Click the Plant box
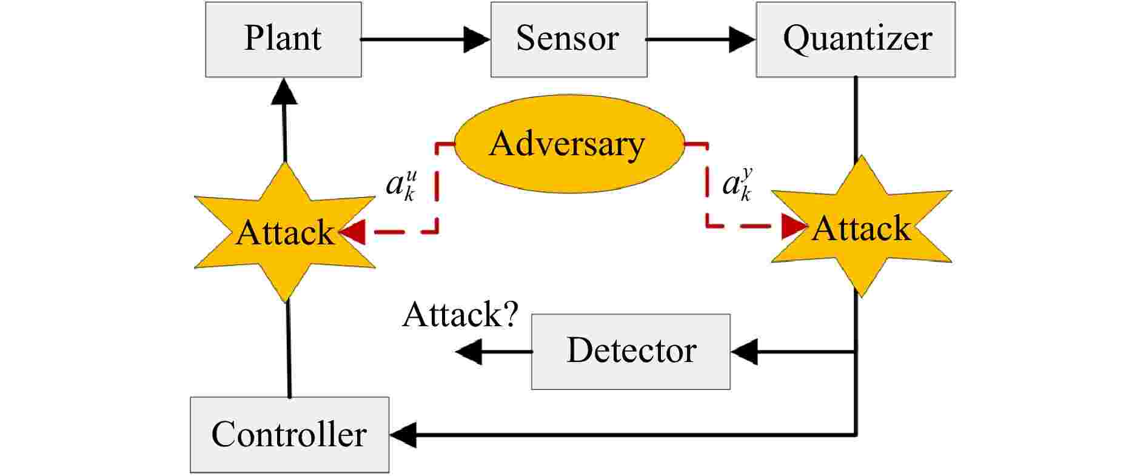tap(283, 39)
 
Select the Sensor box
tap(568, 39)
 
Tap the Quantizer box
tap(855, 39)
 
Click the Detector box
tap(631, 352)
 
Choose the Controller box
tap(289, 435)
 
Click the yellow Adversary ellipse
tap(568, 144)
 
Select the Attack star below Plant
tap(284, 232)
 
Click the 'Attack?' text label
tap(460, 315)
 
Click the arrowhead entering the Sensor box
tap(477, 39)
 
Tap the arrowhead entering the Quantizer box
tap(742, 39)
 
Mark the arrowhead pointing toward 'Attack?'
tap(469, 352)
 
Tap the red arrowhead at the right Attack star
tap(792, 227)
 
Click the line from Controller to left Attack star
tap(289, 349)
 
